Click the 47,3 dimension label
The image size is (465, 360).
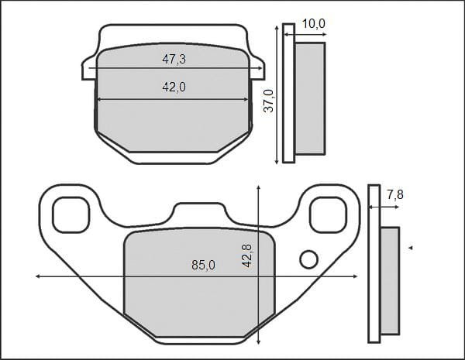174,60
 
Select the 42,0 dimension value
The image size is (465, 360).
174,87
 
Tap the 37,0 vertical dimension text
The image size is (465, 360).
270,101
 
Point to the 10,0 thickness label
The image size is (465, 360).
313,24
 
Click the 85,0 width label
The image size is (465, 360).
203,265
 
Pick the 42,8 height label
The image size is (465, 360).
246,255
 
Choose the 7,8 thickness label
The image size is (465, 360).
395,194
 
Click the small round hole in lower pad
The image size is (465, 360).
309,259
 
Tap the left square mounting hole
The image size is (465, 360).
71,214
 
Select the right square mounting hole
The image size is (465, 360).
328,214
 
